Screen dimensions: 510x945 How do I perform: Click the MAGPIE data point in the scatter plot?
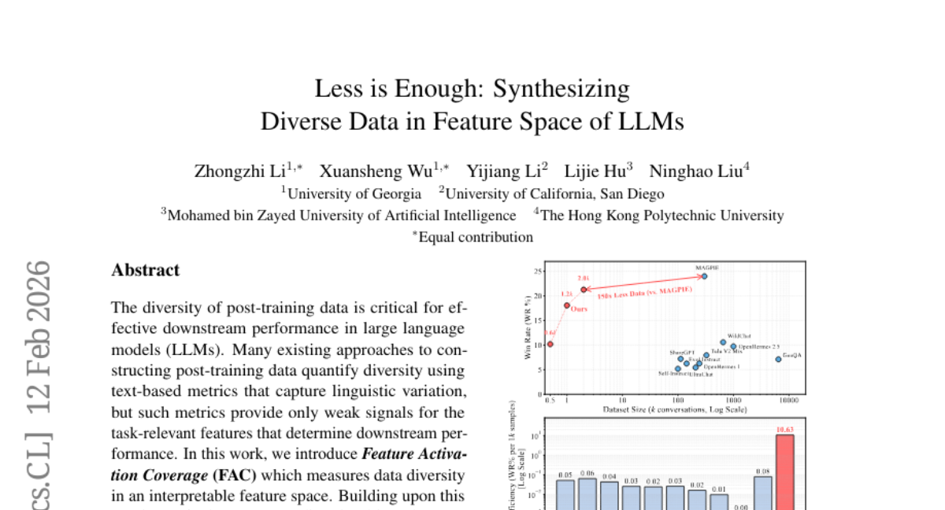click(704, 276)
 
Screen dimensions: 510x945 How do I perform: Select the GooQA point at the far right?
click(778, 359)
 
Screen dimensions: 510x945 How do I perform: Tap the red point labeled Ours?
click(567, 305)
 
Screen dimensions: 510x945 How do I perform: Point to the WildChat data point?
click(723, 342)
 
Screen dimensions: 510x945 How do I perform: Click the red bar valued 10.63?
click(785, 472)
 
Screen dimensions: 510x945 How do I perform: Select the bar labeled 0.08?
click(763, 493)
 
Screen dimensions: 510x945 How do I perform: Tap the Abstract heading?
click(146, 270)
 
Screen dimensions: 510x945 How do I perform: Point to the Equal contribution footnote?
click(476, 237)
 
